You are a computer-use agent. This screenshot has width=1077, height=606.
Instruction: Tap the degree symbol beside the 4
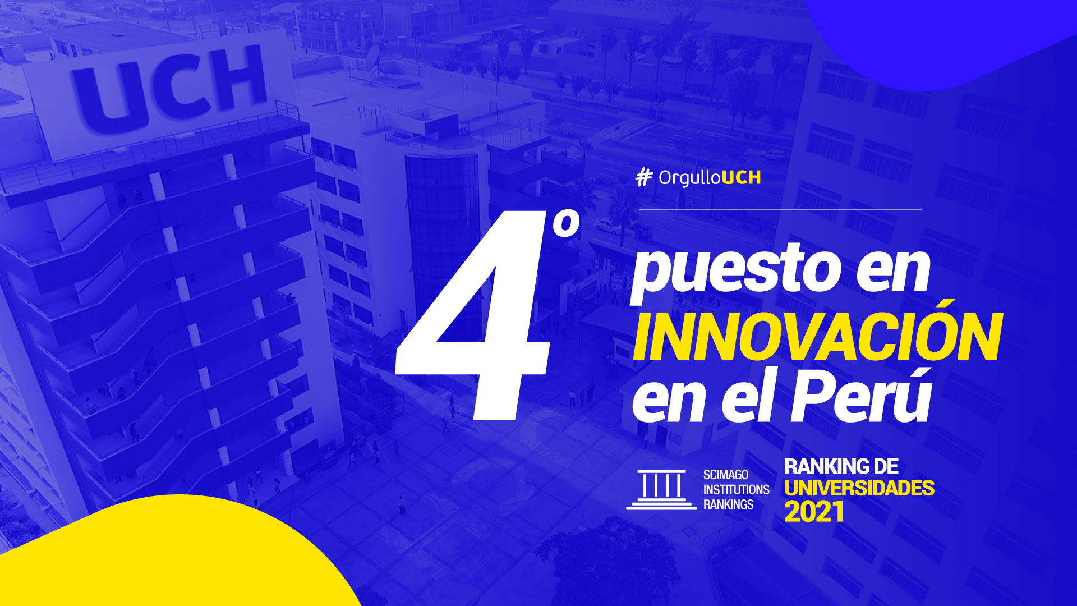565,224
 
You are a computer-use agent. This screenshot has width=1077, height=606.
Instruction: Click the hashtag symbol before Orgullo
644,177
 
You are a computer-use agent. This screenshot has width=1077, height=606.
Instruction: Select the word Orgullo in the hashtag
689,178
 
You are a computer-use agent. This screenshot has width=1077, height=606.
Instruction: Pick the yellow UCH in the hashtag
741,177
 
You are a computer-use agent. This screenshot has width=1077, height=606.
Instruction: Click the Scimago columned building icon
662,489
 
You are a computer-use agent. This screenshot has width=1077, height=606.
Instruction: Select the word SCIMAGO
726,475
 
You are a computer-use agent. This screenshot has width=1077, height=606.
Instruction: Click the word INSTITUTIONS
737,489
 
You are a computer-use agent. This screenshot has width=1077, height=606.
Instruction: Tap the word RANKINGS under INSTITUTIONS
729,504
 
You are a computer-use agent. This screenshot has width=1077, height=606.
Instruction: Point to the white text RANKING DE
841,466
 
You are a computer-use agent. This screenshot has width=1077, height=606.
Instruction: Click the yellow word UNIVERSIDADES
859,488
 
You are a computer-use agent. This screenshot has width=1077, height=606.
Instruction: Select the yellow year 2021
814,511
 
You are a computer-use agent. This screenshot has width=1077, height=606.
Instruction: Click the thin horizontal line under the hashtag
780,209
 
